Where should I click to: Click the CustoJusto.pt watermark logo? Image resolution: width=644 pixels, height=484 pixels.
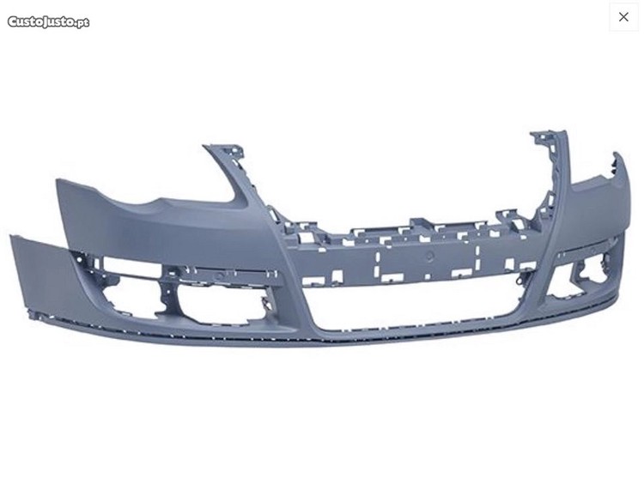coord(48,21)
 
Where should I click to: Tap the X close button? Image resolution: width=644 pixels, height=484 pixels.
coord(623,17)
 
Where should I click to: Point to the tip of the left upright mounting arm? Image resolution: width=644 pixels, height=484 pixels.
coord(205,147)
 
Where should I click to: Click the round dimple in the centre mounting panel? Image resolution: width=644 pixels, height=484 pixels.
coord(429,257)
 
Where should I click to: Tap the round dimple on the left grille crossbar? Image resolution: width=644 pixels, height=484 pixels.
coord(220,275)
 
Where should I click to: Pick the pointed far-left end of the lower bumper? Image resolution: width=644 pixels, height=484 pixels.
coord(12,237)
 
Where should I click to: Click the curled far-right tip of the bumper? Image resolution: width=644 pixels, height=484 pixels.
coord(616,155)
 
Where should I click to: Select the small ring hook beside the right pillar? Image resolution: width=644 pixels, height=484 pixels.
coord(520,281)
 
